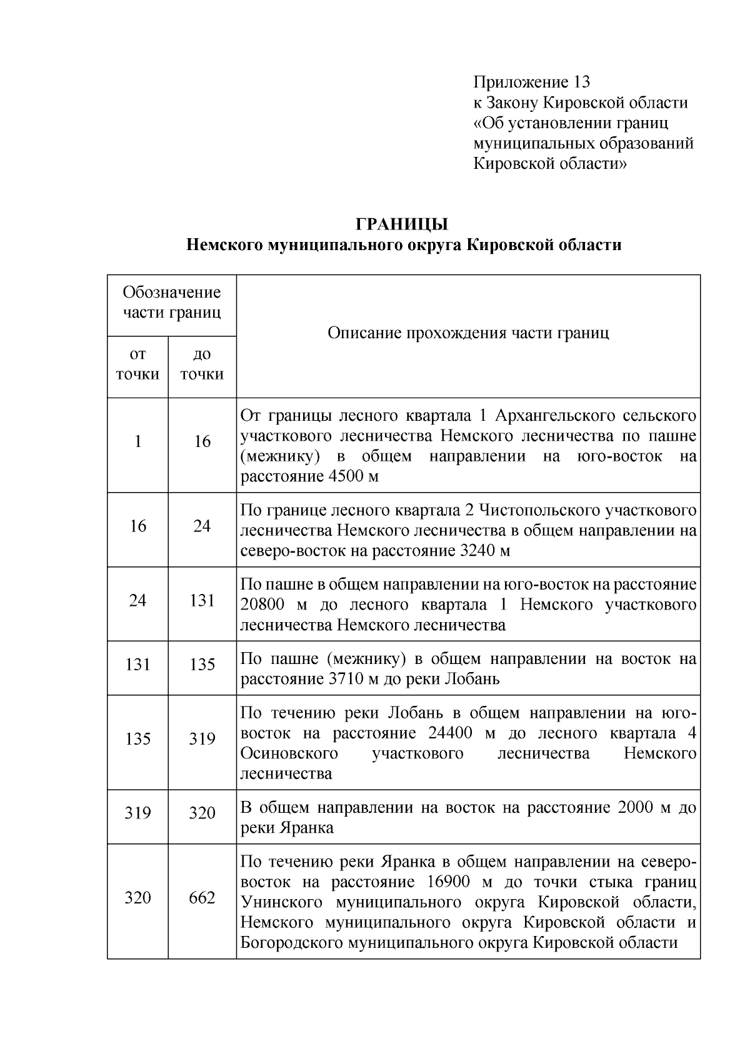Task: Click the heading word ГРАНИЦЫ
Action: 402,224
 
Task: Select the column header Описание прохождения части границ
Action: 468,333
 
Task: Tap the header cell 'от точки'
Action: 137,365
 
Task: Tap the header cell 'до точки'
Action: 202,365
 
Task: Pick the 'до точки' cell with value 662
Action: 202,898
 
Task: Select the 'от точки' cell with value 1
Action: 137,441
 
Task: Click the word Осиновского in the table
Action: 289,753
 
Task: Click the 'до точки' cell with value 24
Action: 202,526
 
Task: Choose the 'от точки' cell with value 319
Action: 137,813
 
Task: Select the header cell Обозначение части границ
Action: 171,303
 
